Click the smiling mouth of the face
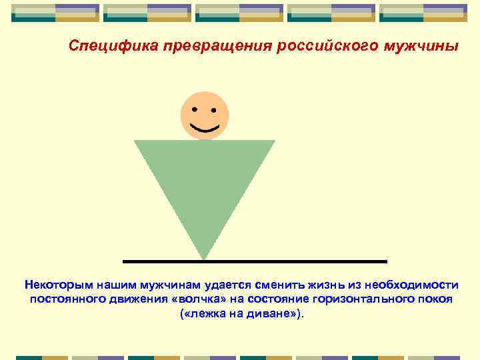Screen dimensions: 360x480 pyautogui.click(x=205, y=127)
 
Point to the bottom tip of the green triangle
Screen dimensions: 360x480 pyautogui.click(x=204, y=258)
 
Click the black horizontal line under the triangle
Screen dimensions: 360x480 pyautogui.click(x=300, y=261)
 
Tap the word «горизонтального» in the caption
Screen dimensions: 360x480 pyautogui.click(x=359, y=299)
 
